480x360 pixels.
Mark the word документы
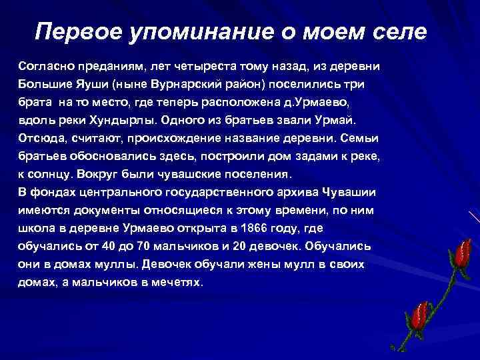click(125, 211)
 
